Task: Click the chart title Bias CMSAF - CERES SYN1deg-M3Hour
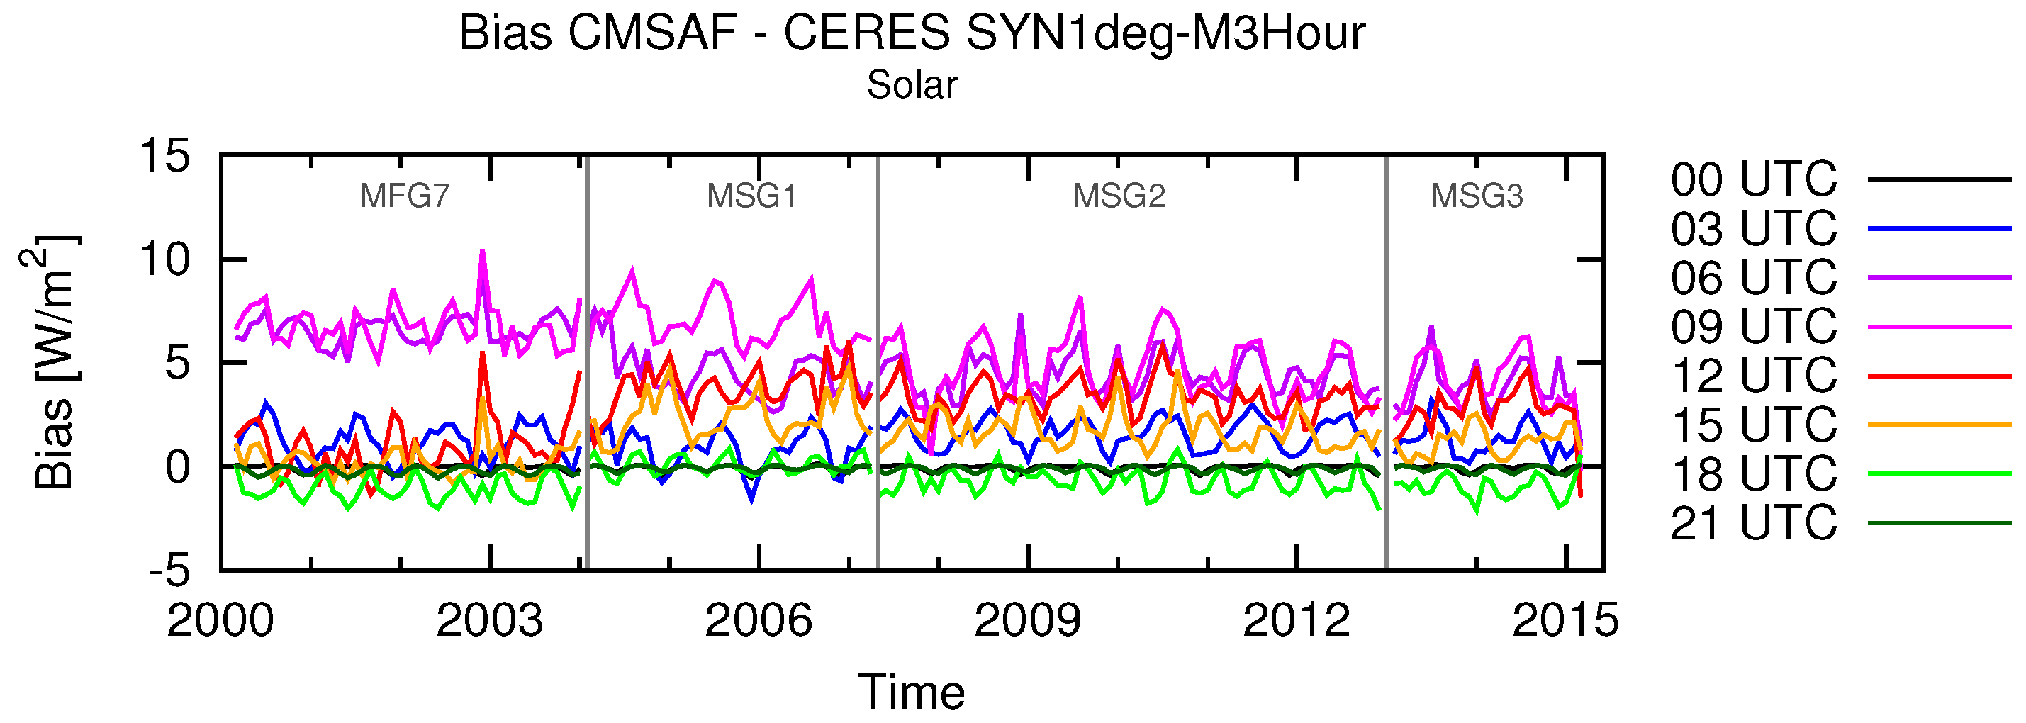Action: coord(912,35)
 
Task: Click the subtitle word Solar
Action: coord(912,85)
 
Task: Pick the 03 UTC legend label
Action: coord(1754,229)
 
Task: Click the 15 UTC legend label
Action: coord(1754,425)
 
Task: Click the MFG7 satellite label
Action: coord(404,196)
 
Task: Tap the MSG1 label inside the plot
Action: coord(751,196)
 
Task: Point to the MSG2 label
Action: coord(1119,196)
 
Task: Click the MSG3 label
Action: coord(1476,196)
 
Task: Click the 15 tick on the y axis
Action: coord(165,156)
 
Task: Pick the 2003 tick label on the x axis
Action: coord(489,621)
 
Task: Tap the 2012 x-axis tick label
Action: coord(1295,621)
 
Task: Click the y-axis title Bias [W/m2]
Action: coord(50,362)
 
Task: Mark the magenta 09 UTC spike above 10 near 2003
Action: coord(482,252)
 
